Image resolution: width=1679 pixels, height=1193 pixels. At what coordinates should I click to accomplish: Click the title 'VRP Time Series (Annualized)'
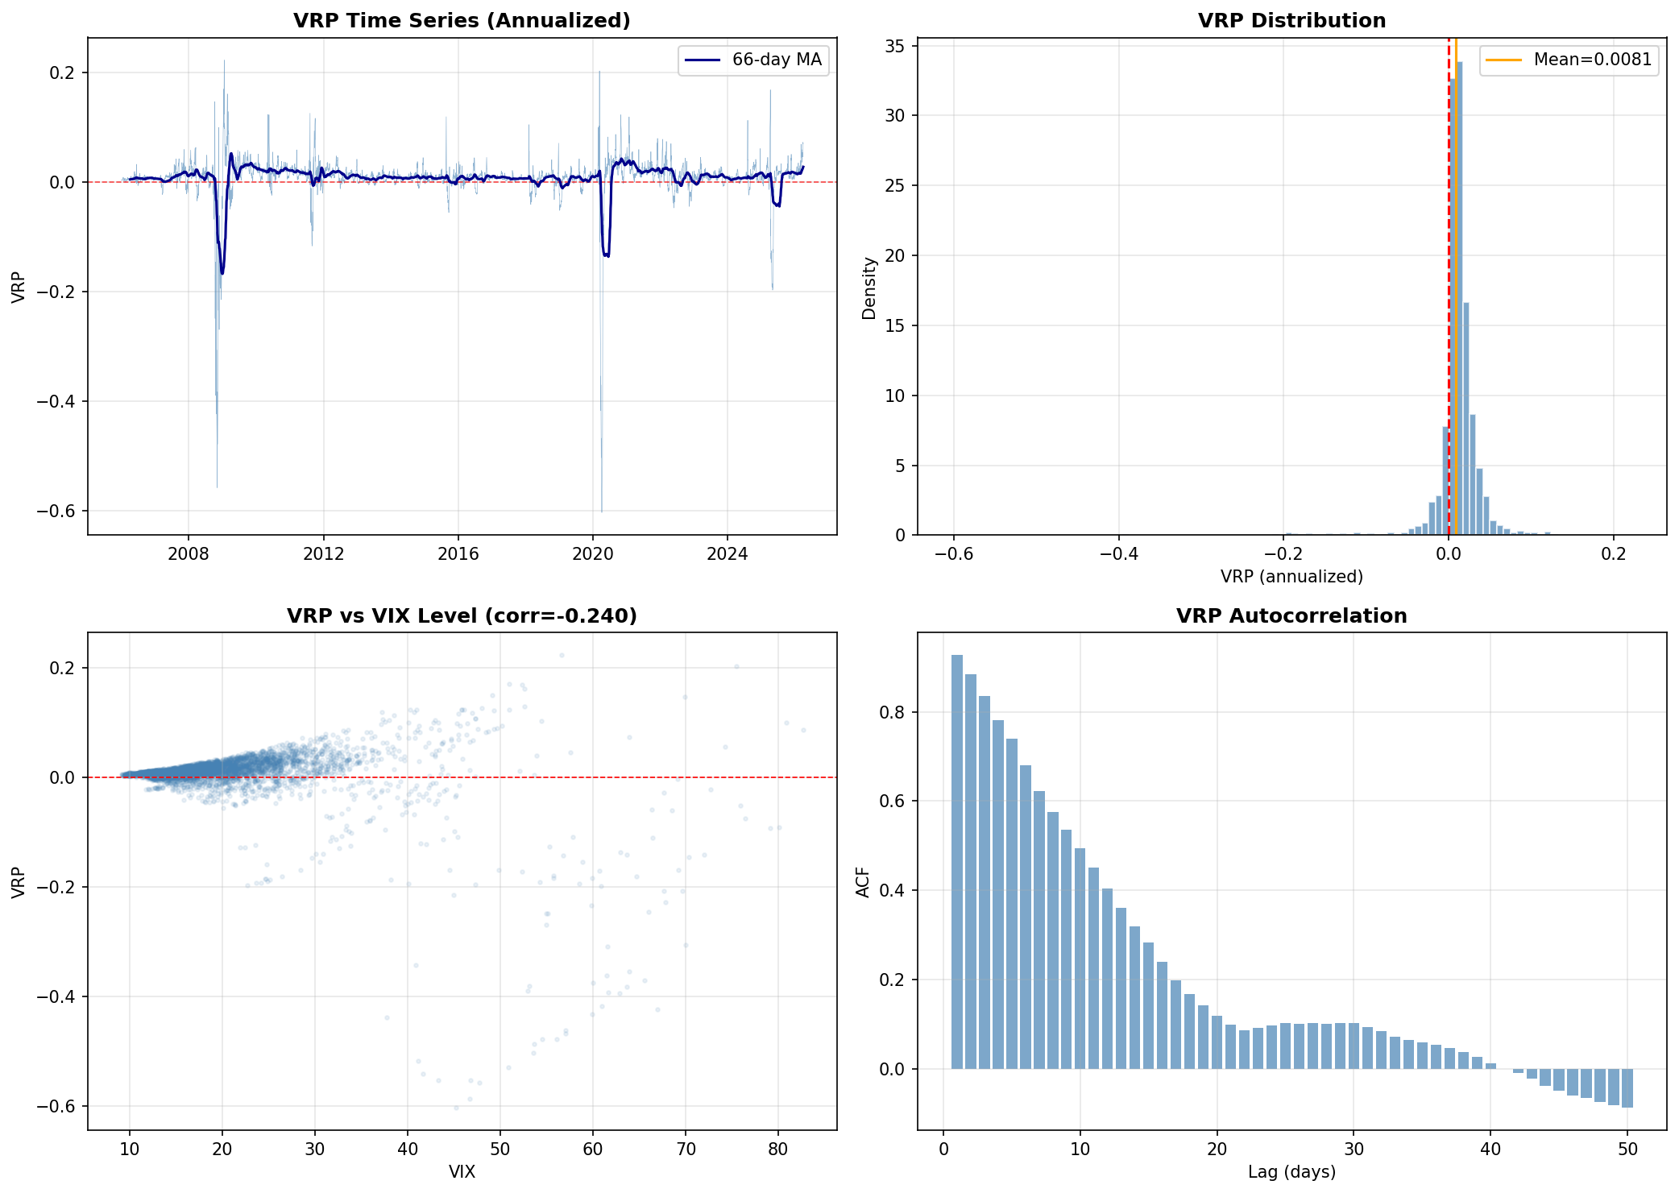pos(462,20)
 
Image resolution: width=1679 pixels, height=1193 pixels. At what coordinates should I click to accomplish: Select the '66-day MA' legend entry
pos(753,60)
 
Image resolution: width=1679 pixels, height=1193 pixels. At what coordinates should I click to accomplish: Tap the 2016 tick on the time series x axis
pos(458,553)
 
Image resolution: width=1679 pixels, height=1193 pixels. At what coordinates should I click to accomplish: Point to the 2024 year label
pos(727,553)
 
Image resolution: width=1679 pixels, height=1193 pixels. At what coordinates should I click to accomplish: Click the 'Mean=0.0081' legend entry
pos(1569,60)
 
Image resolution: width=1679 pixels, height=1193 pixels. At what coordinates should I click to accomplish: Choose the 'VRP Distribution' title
pos(1291,20)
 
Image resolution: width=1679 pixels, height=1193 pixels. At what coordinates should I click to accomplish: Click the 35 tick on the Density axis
pos(894,46)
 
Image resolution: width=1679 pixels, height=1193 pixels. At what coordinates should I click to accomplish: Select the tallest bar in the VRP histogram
pos(1460,298)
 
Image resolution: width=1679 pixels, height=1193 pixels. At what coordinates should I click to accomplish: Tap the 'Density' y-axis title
pos(869,288)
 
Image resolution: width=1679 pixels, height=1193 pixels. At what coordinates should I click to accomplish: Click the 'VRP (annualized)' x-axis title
pos(1291,577)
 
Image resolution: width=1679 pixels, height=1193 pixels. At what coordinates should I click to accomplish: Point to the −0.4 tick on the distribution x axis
pos(1118,553)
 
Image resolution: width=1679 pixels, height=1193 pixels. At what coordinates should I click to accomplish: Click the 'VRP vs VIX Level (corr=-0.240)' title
pos(462,615)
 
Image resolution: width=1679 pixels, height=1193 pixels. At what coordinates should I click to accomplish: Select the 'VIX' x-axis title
pos(462,1171)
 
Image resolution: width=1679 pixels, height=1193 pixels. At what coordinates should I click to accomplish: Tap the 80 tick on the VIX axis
pos(778,1149)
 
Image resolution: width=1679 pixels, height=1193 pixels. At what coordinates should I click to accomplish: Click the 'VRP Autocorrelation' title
pos(1291,615)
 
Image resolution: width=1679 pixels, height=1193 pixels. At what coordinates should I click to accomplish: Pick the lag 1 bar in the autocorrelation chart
pos(957,862)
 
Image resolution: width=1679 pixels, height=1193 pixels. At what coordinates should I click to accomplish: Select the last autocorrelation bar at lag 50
pos(1627,1088)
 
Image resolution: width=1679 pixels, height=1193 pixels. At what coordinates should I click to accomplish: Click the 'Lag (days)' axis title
pos(1291,1171)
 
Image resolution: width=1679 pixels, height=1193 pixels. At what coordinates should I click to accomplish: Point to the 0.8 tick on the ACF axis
pos(894,712)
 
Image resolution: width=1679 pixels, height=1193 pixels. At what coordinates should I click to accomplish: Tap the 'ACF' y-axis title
pos(863,882)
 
